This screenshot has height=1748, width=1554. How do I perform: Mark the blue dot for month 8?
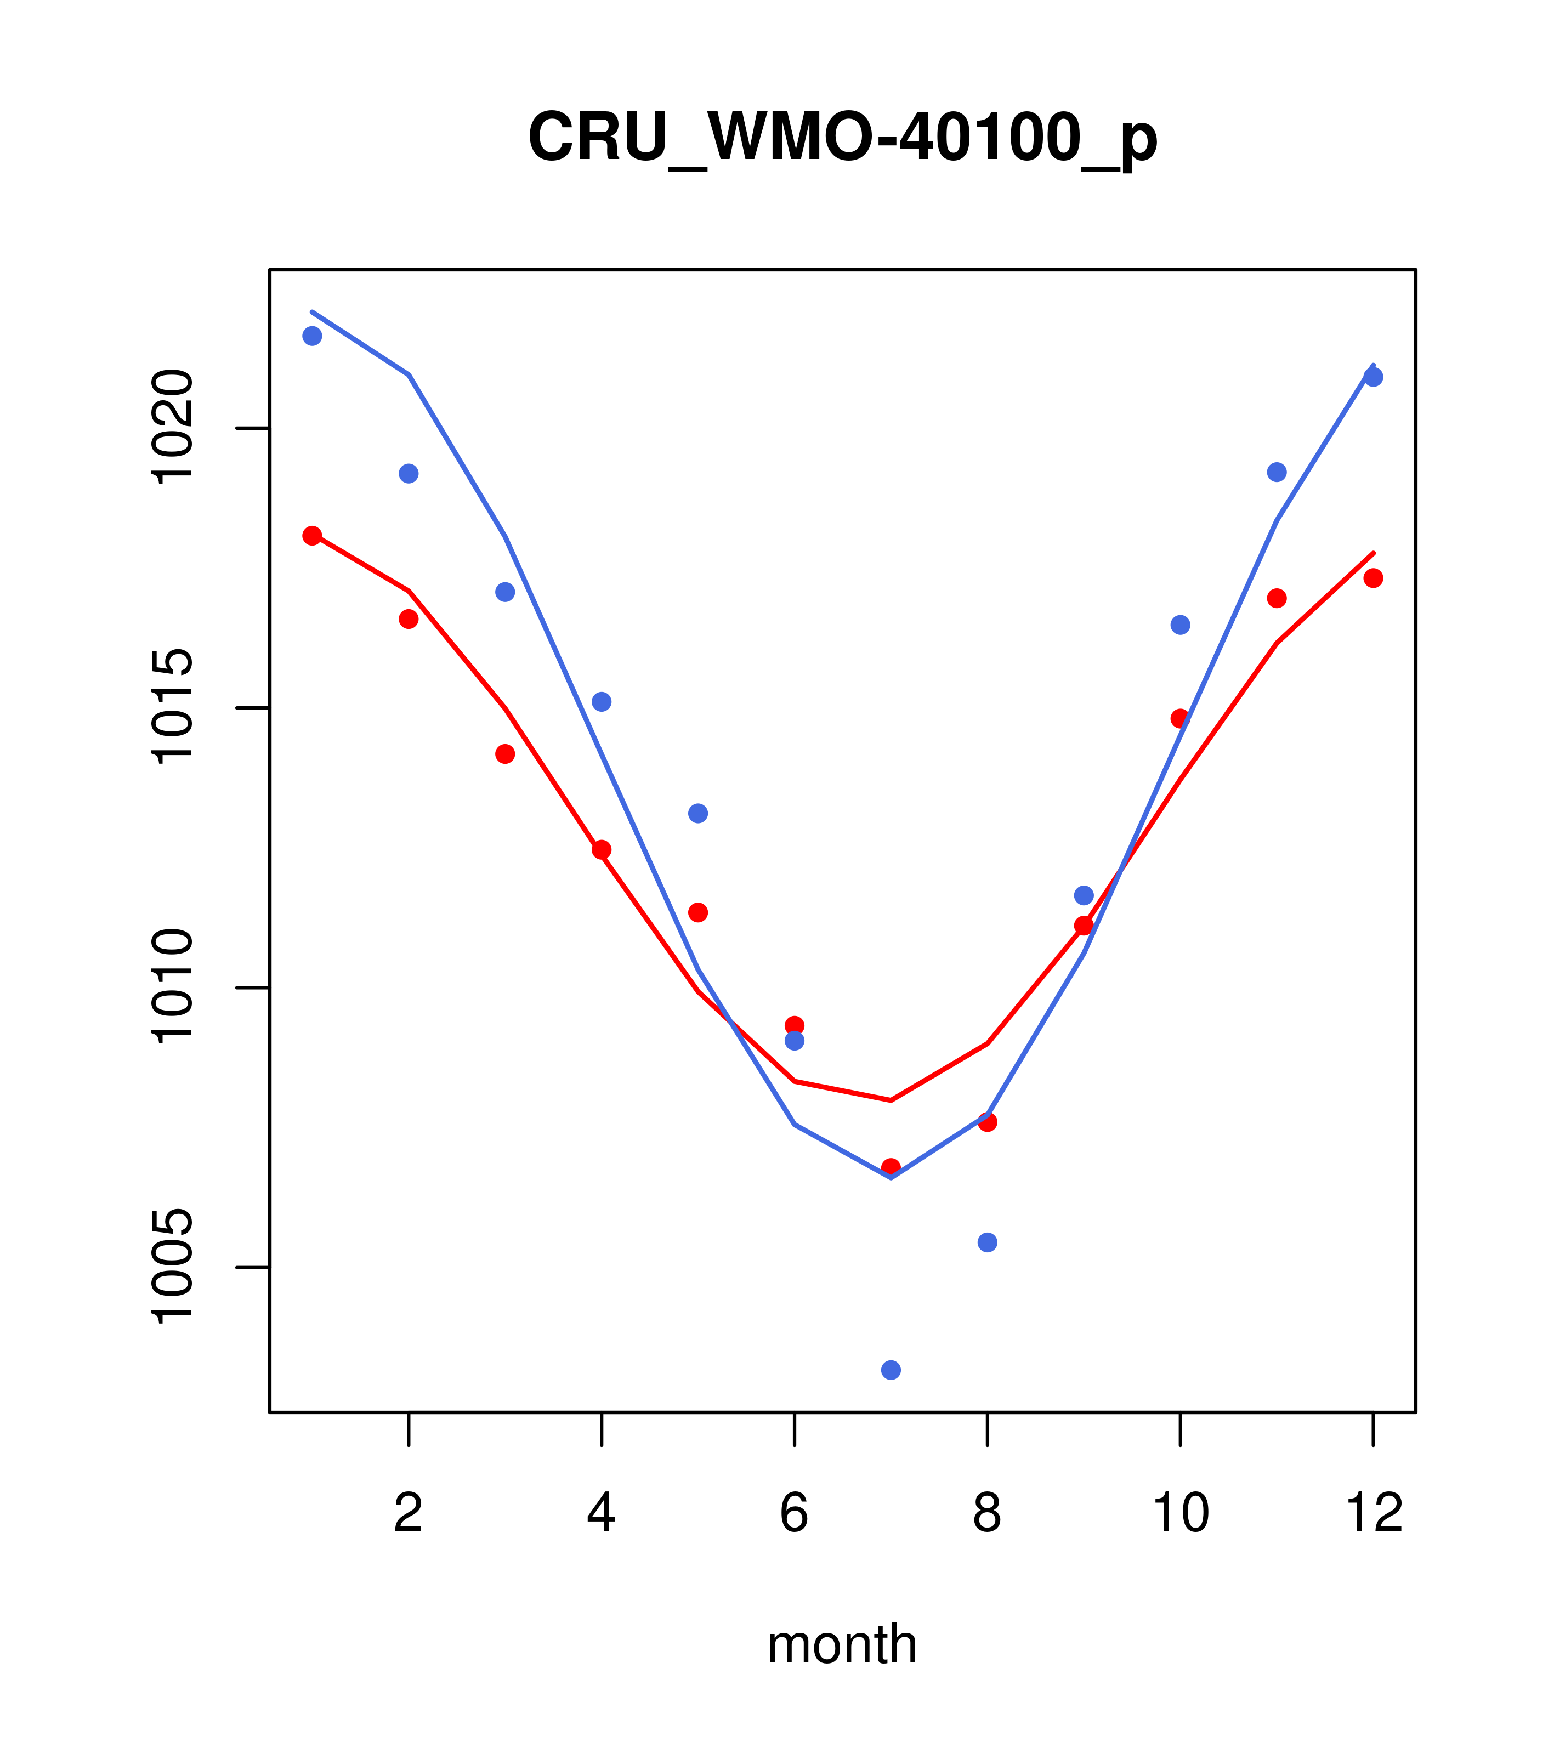tap(987, 1242)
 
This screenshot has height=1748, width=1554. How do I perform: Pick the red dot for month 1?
tap(312, 535)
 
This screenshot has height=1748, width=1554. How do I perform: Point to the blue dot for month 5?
tap(698, 813)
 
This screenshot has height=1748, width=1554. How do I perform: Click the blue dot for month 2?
tap(409, 474)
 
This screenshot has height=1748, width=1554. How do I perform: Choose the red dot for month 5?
tap(698, 912)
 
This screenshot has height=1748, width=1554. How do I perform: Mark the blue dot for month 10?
tap(1180, 625)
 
